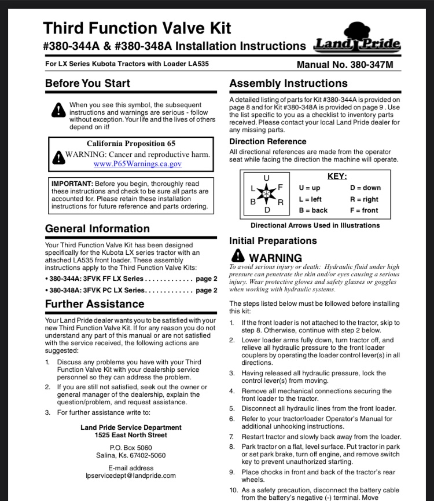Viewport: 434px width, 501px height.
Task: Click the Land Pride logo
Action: tap(357, 39)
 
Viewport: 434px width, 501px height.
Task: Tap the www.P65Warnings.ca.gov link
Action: tap(138, 164)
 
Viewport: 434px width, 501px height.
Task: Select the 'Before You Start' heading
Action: tap(87, 83)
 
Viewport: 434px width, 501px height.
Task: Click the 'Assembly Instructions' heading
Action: tap(288, 83)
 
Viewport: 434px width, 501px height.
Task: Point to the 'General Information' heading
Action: tap(97, 228)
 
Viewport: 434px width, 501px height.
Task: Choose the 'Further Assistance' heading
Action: tap(94, 303)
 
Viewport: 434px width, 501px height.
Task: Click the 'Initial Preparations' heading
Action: tap(273, 240)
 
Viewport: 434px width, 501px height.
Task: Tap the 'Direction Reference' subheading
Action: tap(268, 141)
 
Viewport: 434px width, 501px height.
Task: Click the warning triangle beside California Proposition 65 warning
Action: tap(58, 156)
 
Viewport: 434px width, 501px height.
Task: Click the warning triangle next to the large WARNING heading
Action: tap(237, 255)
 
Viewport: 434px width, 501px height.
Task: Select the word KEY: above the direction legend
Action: tap(337, 177)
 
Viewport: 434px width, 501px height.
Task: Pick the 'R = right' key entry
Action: tap(364, 199)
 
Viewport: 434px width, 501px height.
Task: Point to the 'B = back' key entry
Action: tap(313, 210)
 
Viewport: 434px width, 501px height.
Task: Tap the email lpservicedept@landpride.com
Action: tap(130, 476)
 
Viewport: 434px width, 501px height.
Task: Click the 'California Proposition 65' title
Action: tap(131, 143)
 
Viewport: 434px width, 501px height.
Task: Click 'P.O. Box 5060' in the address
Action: tap(130, 447)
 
